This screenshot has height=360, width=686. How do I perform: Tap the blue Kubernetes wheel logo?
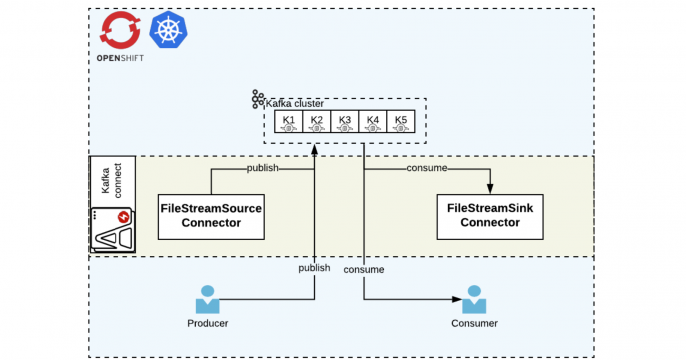[165, 31]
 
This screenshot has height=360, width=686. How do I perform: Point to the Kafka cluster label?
[295, 103]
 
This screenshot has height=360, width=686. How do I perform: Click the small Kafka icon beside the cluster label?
[257, 99]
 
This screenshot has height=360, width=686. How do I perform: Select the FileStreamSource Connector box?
[211, 215]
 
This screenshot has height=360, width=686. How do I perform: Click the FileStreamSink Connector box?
[490, 215]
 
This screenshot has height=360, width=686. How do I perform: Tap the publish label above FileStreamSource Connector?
[263, 168]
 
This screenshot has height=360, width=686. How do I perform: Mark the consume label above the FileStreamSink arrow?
[426, 168]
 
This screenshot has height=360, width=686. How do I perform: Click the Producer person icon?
[208, 299]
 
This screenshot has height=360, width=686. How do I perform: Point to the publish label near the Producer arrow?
[314, 269]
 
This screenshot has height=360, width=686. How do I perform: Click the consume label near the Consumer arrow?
[364, 269]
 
